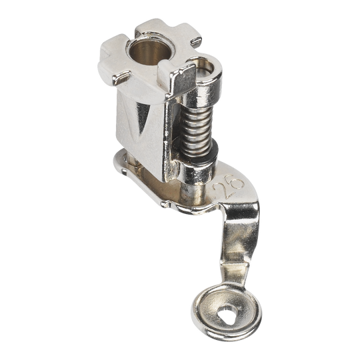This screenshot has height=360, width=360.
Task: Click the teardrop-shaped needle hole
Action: (229, 315)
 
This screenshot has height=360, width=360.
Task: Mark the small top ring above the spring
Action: (203, 68)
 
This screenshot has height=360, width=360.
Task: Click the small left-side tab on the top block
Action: (121, 77)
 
